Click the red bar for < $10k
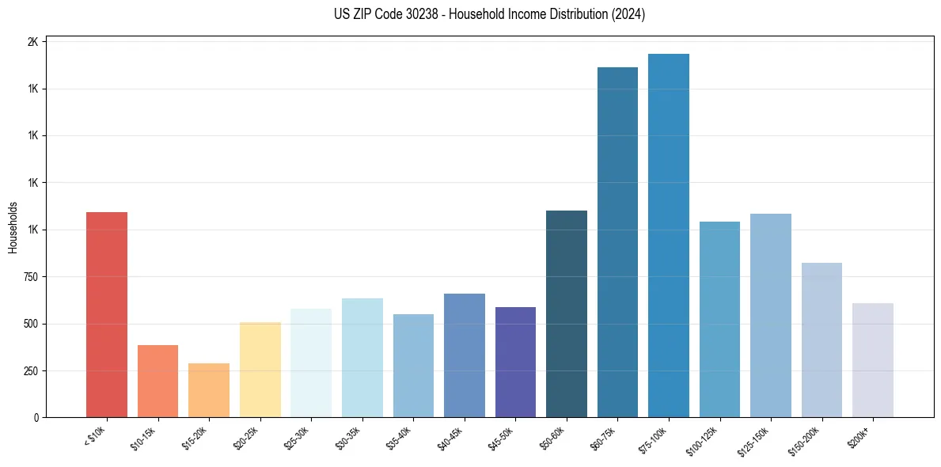point(107,314)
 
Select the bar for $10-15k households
point(157,381)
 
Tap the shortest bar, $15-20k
point(209,390)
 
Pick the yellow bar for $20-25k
point(260,370)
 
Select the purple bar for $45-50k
point(515,362)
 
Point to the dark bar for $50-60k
point(567,313)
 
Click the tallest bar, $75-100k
point(669,235)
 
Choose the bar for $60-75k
point(617,242)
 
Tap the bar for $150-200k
point(821,340)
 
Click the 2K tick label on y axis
point(33,42)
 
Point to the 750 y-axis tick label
point(30,277)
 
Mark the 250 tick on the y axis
point(30,370)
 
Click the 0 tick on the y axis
point(36,417)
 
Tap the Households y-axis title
point(13,227)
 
